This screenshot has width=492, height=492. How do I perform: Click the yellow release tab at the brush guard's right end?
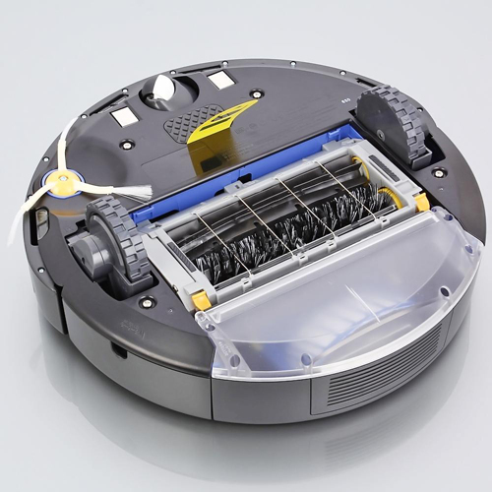point(421,203)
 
